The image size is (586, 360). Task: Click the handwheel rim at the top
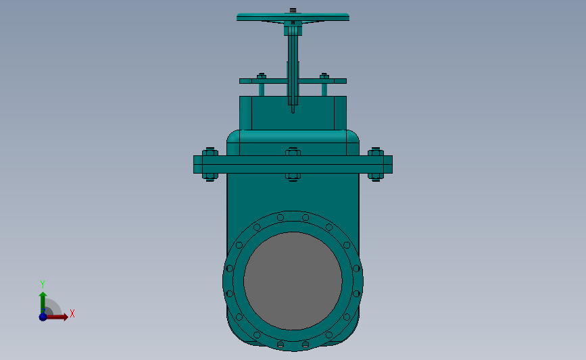click(x=293, y=16)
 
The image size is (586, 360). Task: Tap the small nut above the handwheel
click(x=293, y=10)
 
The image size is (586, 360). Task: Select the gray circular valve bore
click(x=293, y=281)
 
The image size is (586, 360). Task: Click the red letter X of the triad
click(x=72, y=313)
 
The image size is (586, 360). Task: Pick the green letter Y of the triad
click(x=42, y=284)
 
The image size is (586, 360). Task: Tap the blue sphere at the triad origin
click(x=43, y=316)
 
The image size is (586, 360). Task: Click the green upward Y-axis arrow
click(x=43, y=301)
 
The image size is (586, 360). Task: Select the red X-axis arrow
click(x=57, y=316)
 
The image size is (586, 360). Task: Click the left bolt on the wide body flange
click(x=209, y=164)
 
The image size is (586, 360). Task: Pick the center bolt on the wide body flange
click(x=293, y=164)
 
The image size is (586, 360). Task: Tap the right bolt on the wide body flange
click(x=376, y=164)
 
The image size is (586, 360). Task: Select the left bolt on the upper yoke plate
click(x=262, y=84)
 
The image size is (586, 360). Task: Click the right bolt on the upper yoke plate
click(x=324, y=84)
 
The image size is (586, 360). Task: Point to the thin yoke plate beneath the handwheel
click(x=270, y=81)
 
